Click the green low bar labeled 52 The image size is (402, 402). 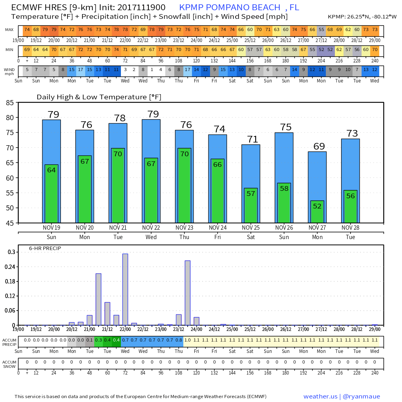[317, 212]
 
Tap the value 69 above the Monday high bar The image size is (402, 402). [319, 146]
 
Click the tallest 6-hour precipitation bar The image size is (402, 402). [125, 289]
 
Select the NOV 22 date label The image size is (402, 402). [151, 228]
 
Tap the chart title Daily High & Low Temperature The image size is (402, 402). [99, 97]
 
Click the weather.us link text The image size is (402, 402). [320, 397]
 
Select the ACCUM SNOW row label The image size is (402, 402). [9, 364]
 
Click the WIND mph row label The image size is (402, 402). [9, 71]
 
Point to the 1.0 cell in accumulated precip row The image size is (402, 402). [187, 340]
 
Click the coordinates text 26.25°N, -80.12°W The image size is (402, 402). [371, 17]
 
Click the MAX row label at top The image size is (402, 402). [9, 30]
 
